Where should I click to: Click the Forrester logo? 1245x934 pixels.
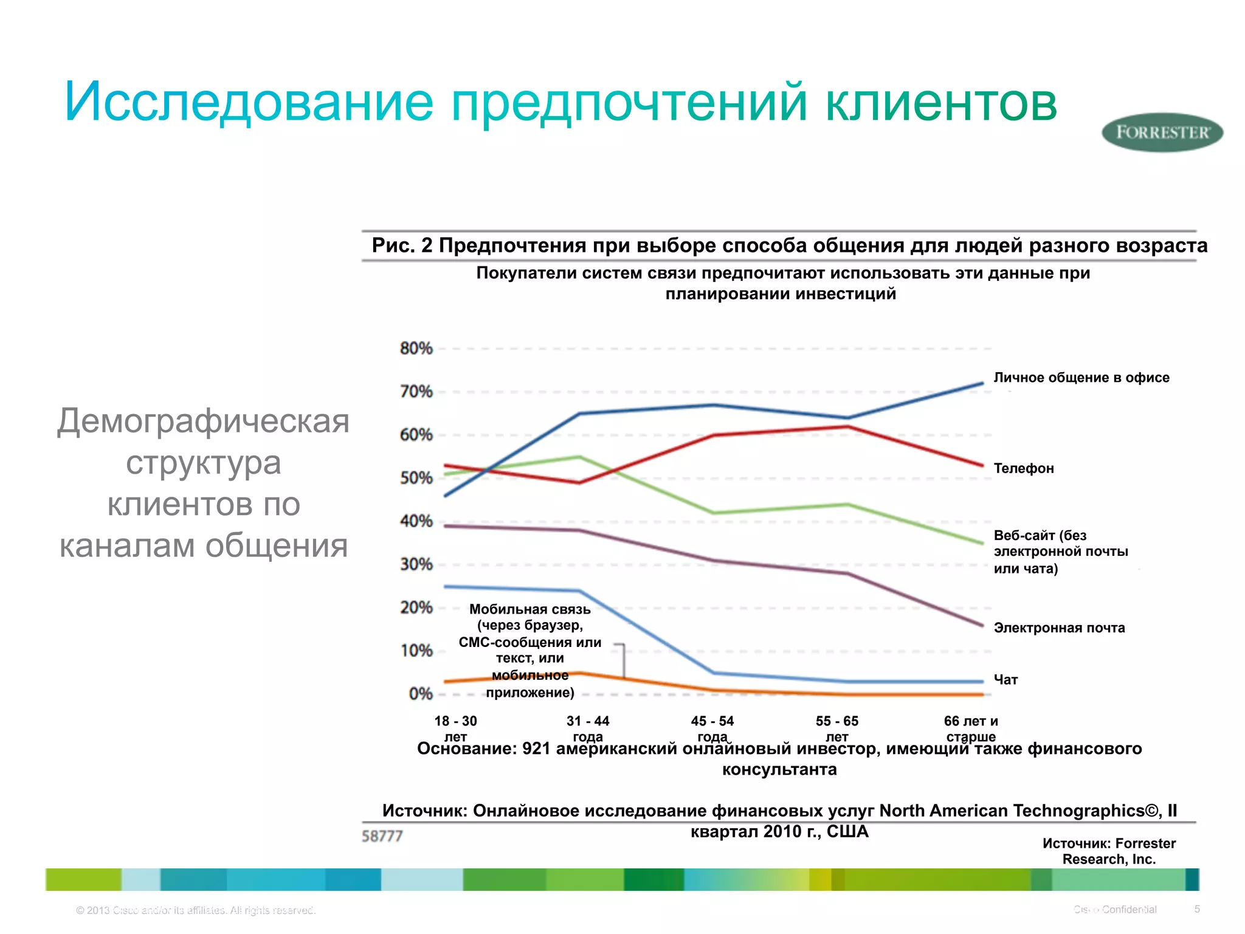pyautogui.click(x=1162, y=133)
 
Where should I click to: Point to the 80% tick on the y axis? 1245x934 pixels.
pyautogui.click(x=416, y=348)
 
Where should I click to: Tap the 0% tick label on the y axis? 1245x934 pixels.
pyautogui.click(x=420, y=694)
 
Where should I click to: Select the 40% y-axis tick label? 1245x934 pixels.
pyautogui.click(x=416, y=521)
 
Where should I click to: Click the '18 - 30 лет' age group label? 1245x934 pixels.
pyautogui.click(x=455, y=728)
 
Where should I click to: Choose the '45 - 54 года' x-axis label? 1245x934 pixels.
pyautogui.click(x=712, y=728)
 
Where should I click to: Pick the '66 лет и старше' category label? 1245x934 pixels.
pyautogui.click(x=971, y=728)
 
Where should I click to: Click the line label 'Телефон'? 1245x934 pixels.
pyautogui.click(x=1024, y=469)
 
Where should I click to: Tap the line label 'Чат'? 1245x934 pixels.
pyautogui.click(x=1005, y=680)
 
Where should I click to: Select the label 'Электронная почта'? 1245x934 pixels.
pyautogui.click(x=1059, y=628)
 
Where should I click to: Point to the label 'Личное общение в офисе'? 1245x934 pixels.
pyautogui.click(x=1081, y=378)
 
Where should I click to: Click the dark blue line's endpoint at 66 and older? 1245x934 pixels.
pyautogui.click(x=982, y=383)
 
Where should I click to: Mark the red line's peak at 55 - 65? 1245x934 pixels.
pyautogui.click(x=848, y=426)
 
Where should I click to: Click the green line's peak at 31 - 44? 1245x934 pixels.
pyautogui.click(x=580, y=457)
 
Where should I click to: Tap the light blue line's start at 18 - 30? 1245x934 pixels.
pyautogui.click(x=446, y=586)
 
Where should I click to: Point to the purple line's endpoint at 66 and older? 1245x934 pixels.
pyautogui.click(x=982, y=625)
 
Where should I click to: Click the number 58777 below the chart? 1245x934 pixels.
pyautogui.click(x=382, y=837)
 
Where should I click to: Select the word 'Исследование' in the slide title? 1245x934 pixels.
pyautogui.click(x=249, y=102)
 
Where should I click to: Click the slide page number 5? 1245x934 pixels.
pyautogui.click(x=1197, y=909)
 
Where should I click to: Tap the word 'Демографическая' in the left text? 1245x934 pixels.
pyautogui.click(x=203, y=421)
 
